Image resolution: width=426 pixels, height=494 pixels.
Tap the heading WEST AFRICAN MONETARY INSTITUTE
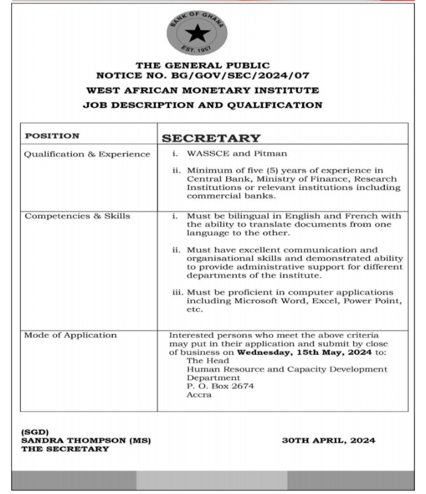202,91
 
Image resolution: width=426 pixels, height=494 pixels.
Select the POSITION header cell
52,136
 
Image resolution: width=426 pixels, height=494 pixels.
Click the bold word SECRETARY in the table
211,139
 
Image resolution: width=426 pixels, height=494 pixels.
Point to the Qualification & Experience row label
87,154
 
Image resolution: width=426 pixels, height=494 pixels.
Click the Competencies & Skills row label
77,216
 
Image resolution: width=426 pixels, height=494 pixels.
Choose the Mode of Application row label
70,335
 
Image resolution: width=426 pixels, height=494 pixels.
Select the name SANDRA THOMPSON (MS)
86,441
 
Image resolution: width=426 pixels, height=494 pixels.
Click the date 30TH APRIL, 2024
329,441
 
